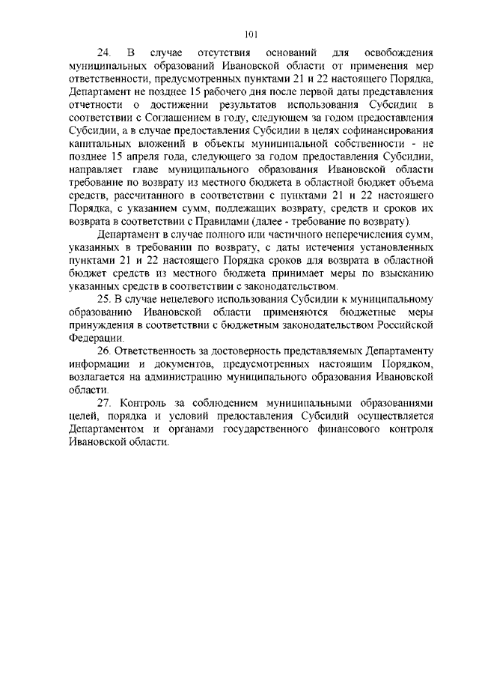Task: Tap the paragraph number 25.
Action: coord(104,299)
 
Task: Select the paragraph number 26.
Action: coord(104,351)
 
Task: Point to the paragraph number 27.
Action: coord(104,402)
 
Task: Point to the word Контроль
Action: coord(147,402)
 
